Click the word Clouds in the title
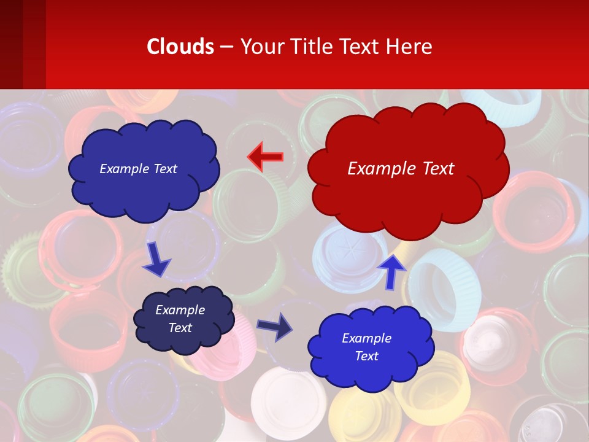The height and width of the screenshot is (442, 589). (x=180, y=46)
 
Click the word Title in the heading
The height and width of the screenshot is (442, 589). (x=311, y=46)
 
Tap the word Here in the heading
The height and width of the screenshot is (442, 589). (x=410, y=46)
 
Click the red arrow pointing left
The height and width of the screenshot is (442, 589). (x=266, y=157)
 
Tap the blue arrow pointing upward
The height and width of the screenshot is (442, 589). (x=391, y=270)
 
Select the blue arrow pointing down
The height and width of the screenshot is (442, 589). (x=156, y=260)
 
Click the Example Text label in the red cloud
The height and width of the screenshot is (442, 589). (x=401, y=168)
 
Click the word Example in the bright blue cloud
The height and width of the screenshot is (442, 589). (x=366, y=338)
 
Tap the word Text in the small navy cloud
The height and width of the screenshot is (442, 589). (x=180, y=328)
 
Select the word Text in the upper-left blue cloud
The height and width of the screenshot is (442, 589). (x=164, y=169)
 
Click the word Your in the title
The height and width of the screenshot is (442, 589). (x=261, y=46)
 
